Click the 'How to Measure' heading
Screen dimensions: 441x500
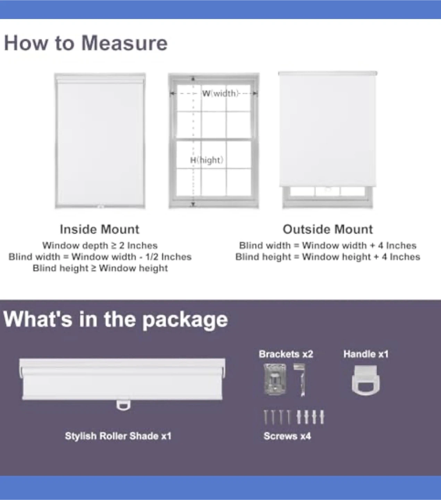86,43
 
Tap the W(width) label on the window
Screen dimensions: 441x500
220,93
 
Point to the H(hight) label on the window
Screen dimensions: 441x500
207,160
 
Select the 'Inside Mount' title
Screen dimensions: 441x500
100,229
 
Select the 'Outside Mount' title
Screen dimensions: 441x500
328,229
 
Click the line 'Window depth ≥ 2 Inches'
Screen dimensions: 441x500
100,245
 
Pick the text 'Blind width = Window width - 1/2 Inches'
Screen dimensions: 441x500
100,257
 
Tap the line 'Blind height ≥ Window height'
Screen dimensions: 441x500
100,268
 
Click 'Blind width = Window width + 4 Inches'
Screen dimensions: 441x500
328,245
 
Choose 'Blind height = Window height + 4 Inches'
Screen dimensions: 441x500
328,257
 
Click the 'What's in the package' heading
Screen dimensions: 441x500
116,319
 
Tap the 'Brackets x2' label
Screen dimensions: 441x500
286,354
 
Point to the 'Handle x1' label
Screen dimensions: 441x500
366,354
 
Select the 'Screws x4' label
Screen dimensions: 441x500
287,436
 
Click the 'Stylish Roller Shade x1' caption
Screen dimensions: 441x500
118,436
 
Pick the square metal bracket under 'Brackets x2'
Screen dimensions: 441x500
275,379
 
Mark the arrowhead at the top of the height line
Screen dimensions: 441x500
193,79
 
